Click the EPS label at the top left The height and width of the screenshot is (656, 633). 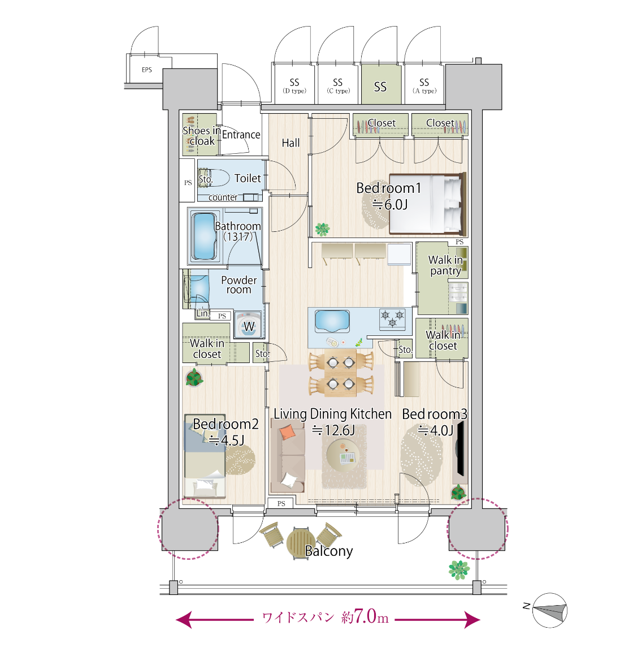[x=147, y=70]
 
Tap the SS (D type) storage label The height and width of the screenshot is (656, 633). [x=294, y=86]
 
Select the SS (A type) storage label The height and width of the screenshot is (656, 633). [x=424, y=86]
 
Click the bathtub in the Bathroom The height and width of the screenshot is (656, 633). [x=205, y=236]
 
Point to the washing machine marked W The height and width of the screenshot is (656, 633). [x=249, y=326]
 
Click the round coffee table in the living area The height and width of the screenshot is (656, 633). [x=343, y=456]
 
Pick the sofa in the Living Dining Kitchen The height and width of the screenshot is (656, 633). [x=288, y=455]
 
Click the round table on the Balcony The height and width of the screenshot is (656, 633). [x=300, y=543]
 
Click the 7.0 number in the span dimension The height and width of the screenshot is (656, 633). [x=365, y=616]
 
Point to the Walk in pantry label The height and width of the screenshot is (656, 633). [x=445, y=265]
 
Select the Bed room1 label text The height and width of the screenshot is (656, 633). [x=388, y=188]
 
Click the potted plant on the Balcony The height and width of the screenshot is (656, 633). [x=459, y=570]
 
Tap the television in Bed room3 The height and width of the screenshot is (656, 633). [x=460, y=448]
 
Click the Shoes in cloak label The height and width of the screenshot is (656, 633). [x=202, y=136]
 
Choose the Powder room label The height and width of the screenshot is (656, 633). [x=239, y=285]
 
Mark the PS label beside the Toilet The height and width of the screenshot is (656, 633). [x=188, y=183]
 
